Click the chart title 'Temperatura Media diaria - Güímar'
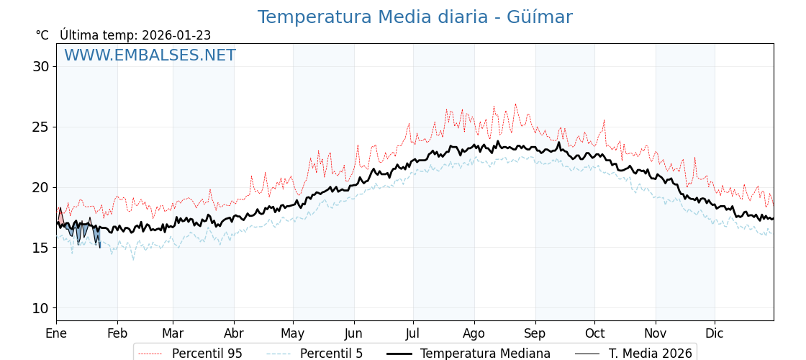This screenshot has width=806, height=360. [x=415, y=17]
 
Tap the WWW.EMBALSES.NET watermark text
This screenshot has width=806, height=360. [x=150, y=56]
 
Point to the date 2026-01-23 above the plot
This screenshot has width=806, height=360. [x=176, y=35]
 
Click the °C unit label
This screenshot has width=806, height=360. [x=42, y=35]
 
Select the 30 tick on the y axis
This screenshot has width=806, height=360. [x=40, y=67]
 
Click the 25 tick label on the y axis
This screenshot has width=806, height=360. [x=40, y=127]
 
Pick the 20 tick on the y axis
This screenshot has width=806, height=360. [x=40, y=188]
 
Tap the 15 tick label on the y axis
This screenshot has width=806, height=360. [x=40, y=248]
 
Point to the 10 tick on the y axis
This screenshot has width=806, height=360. [x=40, y=308]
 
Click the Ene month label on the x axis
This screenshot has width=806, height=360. [x=56, y=334]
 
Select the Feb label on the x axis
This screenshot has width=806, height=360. [x=117, y=334]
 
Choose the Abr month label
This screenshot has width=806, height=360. [x=234, y=334]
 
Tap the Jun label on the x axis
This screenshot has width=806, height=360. [x=354, y=334]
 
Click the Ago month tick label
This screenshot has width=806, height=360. [x=474, y=334]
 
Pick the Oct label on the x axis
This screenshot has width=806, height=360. [x=594, y=334]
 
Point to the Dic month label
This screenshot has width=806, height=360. [x=715, y=334]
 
